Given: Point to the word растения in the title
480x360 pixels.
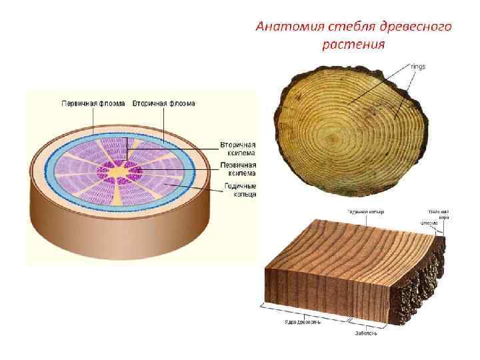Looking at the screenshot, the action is tap(353, 45).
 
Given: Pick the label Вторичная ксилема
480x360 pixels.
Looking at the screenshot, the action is tap(237, 149).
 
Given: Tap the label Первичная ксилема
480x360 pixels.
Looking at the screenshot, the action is tap(237, 169).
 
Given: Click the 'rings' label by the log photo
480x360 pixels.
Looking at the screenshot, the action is tap(418, 66).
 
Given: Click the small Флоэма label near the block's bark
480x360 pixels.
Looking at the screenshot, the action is tap(428, 223).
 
